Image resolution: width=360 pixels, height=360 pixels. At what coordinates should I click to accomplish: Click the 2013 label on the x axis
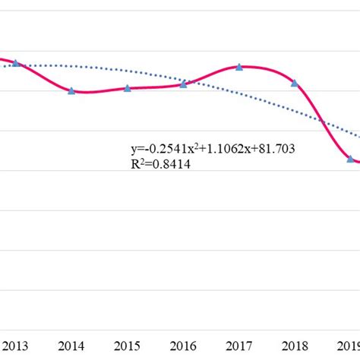pos(15,346)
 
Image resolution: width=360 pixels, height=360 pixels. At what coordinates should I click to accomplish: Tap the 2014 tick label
pos(71,346)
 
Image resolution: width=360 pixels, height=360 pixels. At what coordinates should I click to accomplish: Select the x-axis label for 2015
pos(128,346)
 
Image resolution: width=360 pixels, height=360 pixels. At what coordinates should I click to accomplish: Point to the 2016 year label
pos(183,346)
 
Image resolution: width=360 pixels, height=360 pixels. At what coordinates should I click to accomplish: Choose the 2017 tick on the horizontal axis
pos(239,346)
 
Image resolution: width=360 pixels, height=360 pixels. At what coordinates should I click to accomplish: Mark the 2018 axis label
pos(295,346)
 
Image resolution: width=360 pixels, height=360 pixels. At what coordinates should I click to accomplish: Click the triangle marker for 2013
pos(16,63)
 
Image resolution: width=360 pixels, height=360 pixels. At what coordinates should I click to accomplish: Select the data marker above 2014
pos(71,90)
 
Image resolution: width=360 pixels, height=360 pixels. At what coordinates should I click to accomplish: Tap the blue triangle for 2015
pos(128,88)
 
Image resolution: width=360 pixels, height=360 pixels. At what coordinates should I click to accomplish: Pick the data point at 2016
pos(183,84)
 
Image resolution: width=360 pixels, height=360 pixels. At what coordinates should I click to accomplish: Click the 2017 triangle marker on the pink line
pos(239,67)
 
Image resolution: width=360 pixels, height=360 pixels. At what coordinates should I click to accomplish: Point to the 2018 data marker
pos(295,83)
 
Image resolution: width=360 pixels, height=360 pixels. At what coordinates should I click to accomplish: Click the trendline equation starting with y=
pos(213,150)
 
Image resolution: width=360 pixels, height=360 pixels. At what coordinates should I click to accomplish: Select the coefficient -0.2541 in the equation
pos(160,150)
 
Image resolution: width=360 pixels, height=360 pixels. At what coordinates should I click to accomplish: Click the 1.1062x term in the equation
pos(229,150)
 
